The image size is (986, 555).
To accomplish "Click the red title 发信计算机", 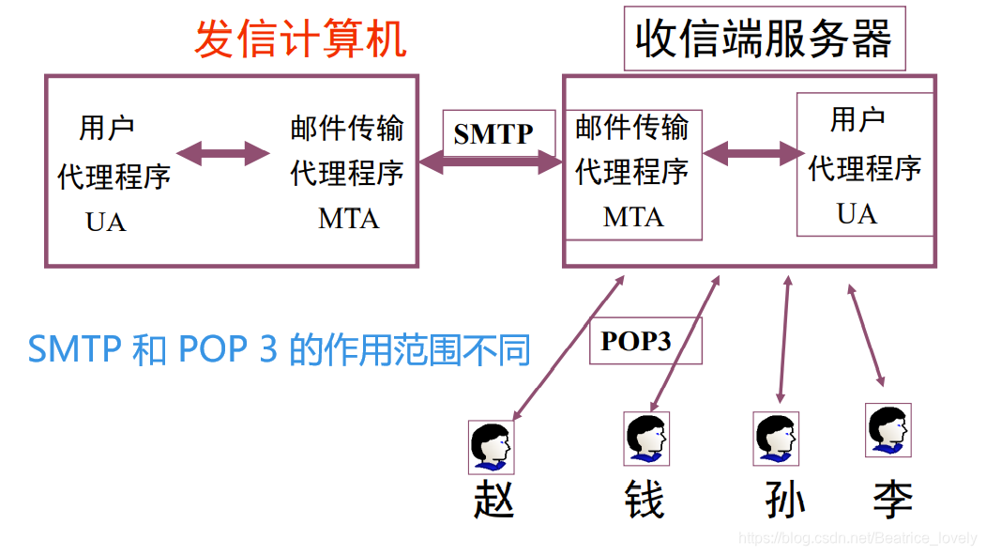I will click(300, 39).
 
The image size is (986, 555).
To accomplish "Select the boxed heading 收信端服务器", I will click(764, 40).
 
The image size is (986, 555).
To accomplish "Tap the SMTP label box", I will click(493, 134).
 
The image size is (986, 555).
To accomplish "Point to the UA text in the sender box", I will click(105, 223).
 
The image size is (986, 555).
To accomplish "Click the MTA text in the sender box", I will click(348, 219).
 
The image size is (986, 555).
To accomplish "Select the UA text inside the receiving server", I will click(857, 214).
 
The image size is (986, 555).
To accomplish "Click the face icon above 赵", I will click(492, 446).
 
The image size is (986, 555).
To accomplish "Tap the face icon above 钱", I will click(646, 439).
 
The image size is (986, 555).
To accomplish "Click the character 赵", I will click(493, 500).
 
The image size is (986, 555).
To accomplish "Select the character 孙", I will click(784, 500).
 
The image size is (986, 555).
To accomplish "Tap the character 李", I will click(891, 500).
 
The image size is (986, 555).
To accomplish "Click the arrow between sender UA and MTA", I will click(223, 152).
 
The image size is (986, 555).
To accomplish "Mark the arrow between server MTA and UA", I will click(749, 152).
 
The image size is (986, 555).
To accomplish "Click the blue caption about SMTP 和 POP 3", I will click(280, 349).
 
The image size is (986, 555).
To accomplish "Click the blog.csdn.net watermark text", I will click(857, 538).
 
